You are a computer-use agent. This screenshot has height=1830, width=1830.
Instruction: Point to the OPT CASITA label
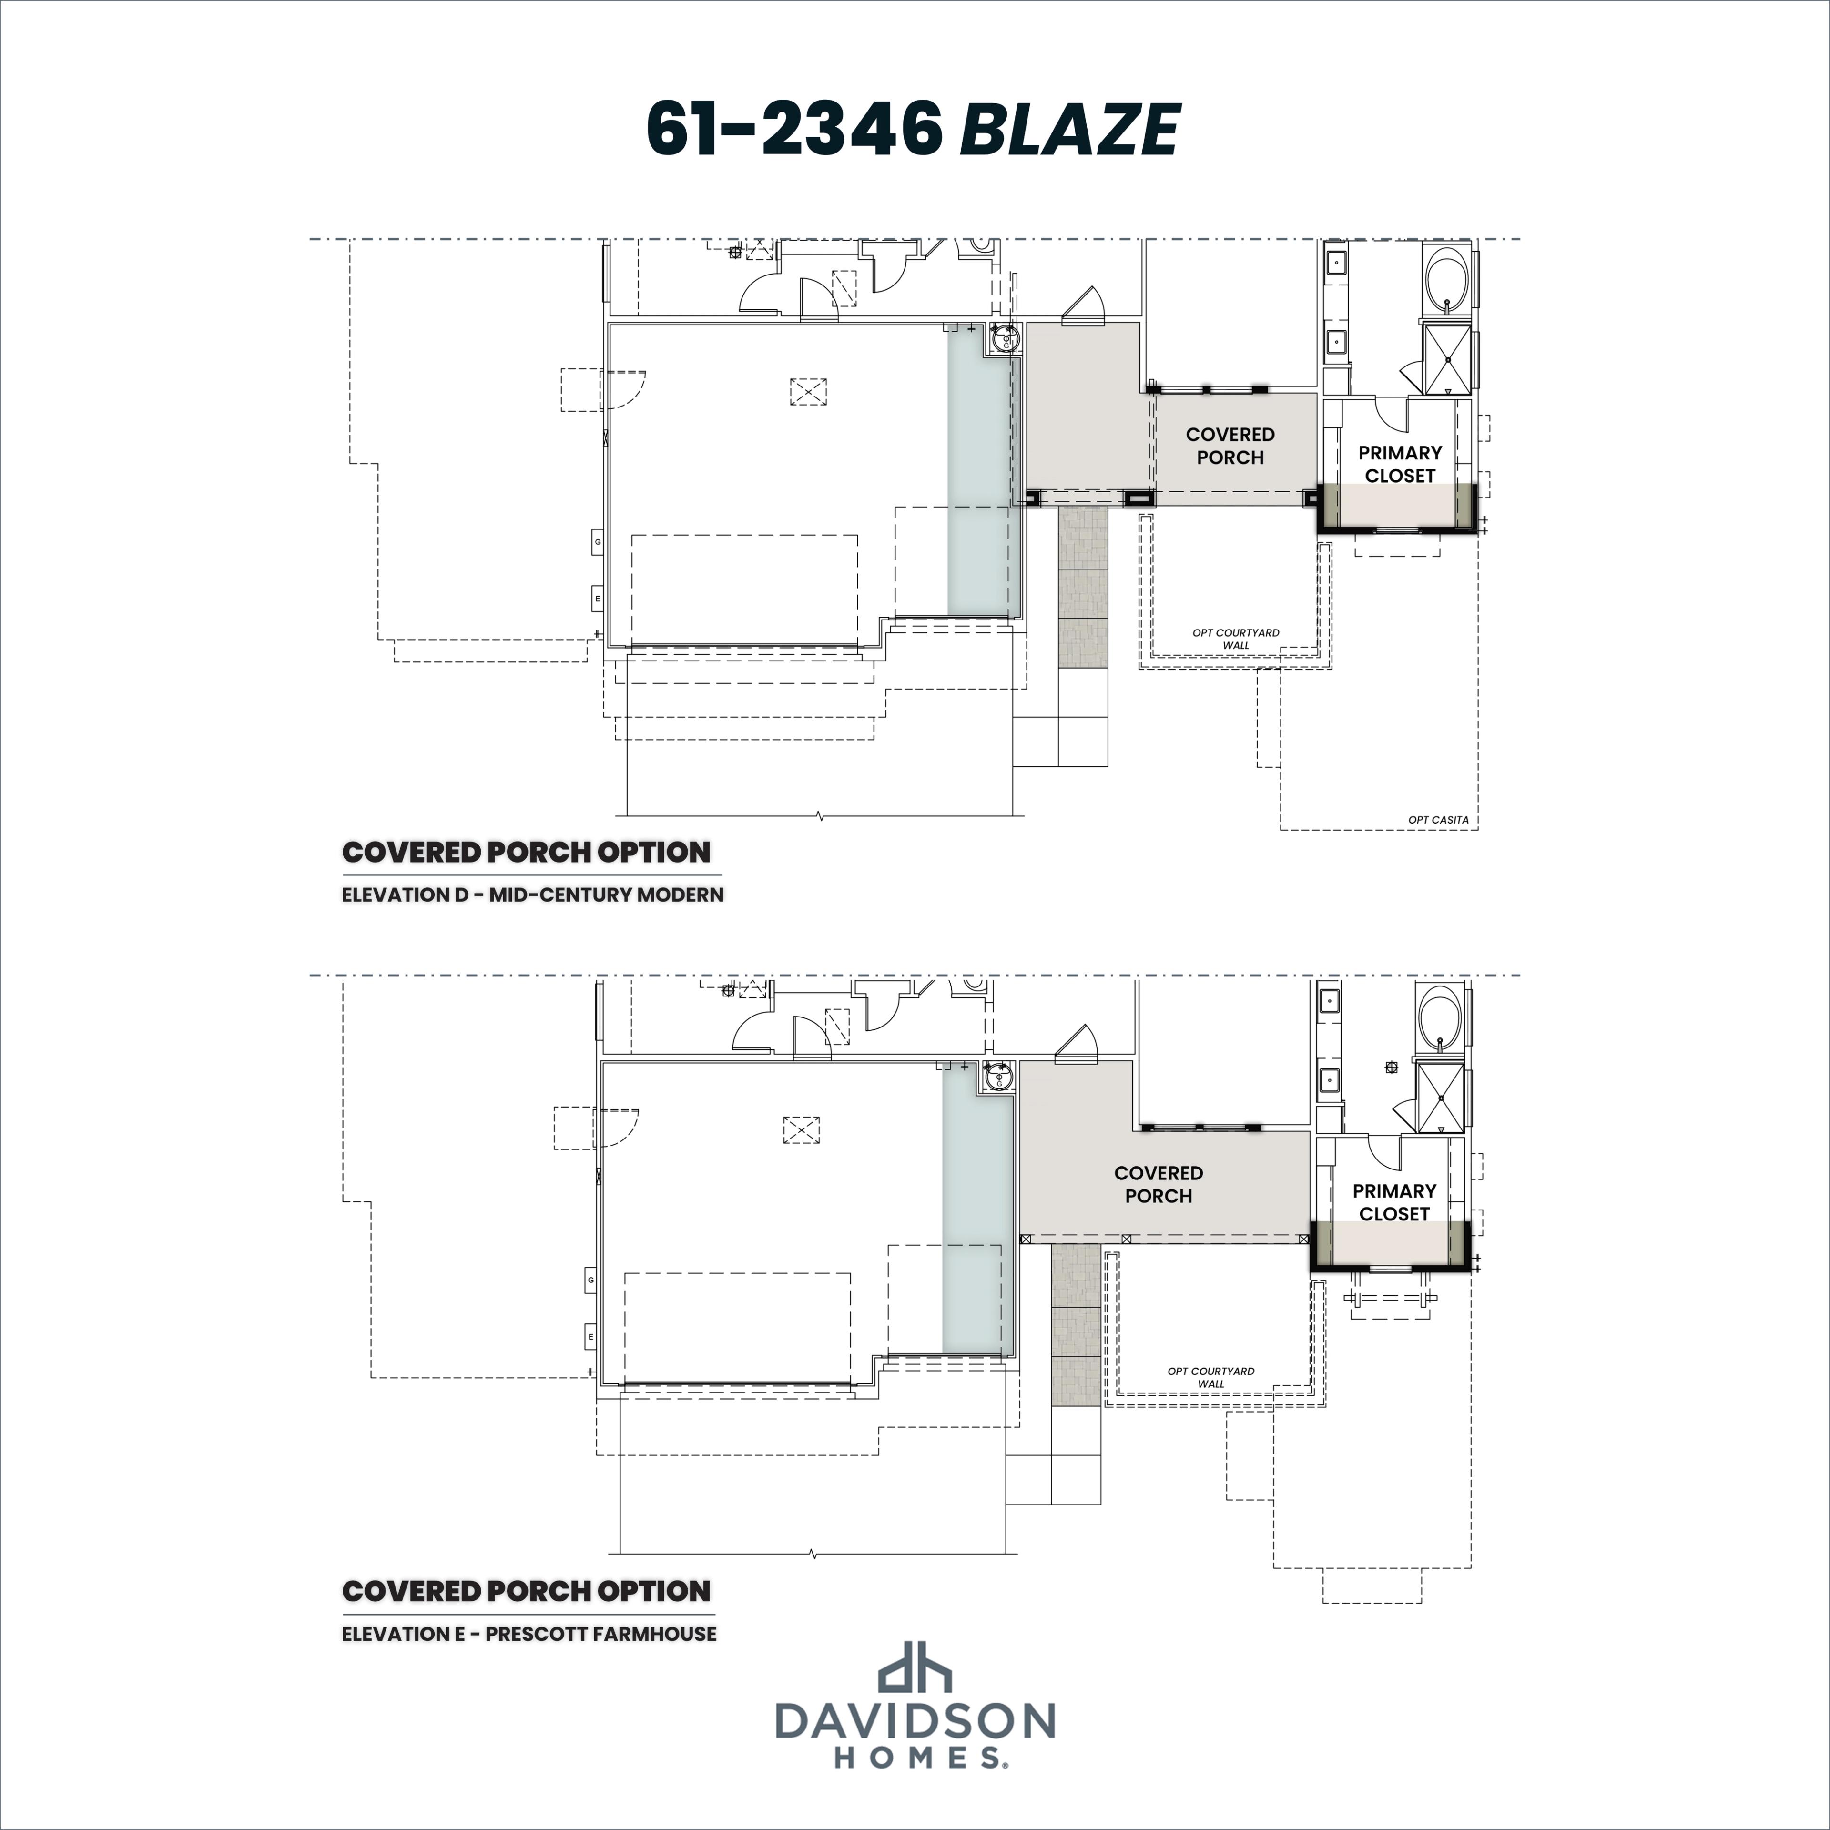[x=1438, y=820]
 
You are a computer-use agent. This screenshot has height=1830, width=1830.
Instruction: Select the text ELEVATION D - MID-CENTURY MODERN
[x=532, y=894]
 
